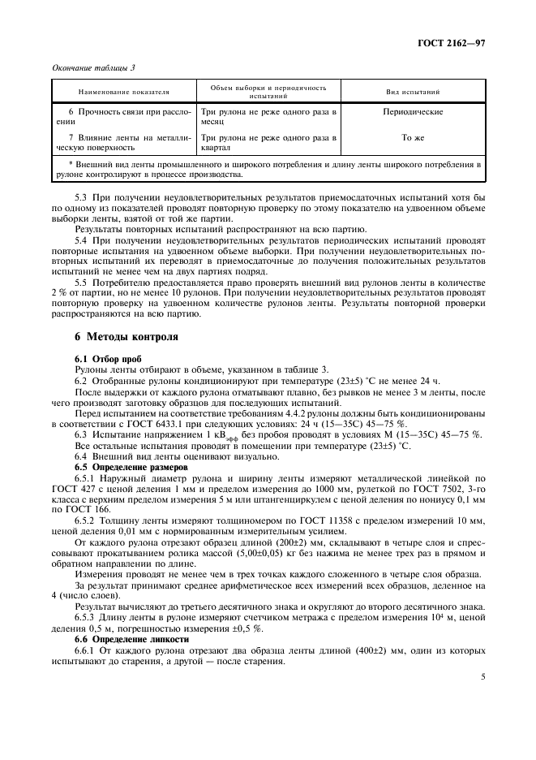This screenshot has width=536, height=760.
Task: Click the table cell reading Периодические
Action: (413, 111)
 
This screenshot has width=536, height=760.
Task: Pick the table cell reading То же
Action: (413, 137)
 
